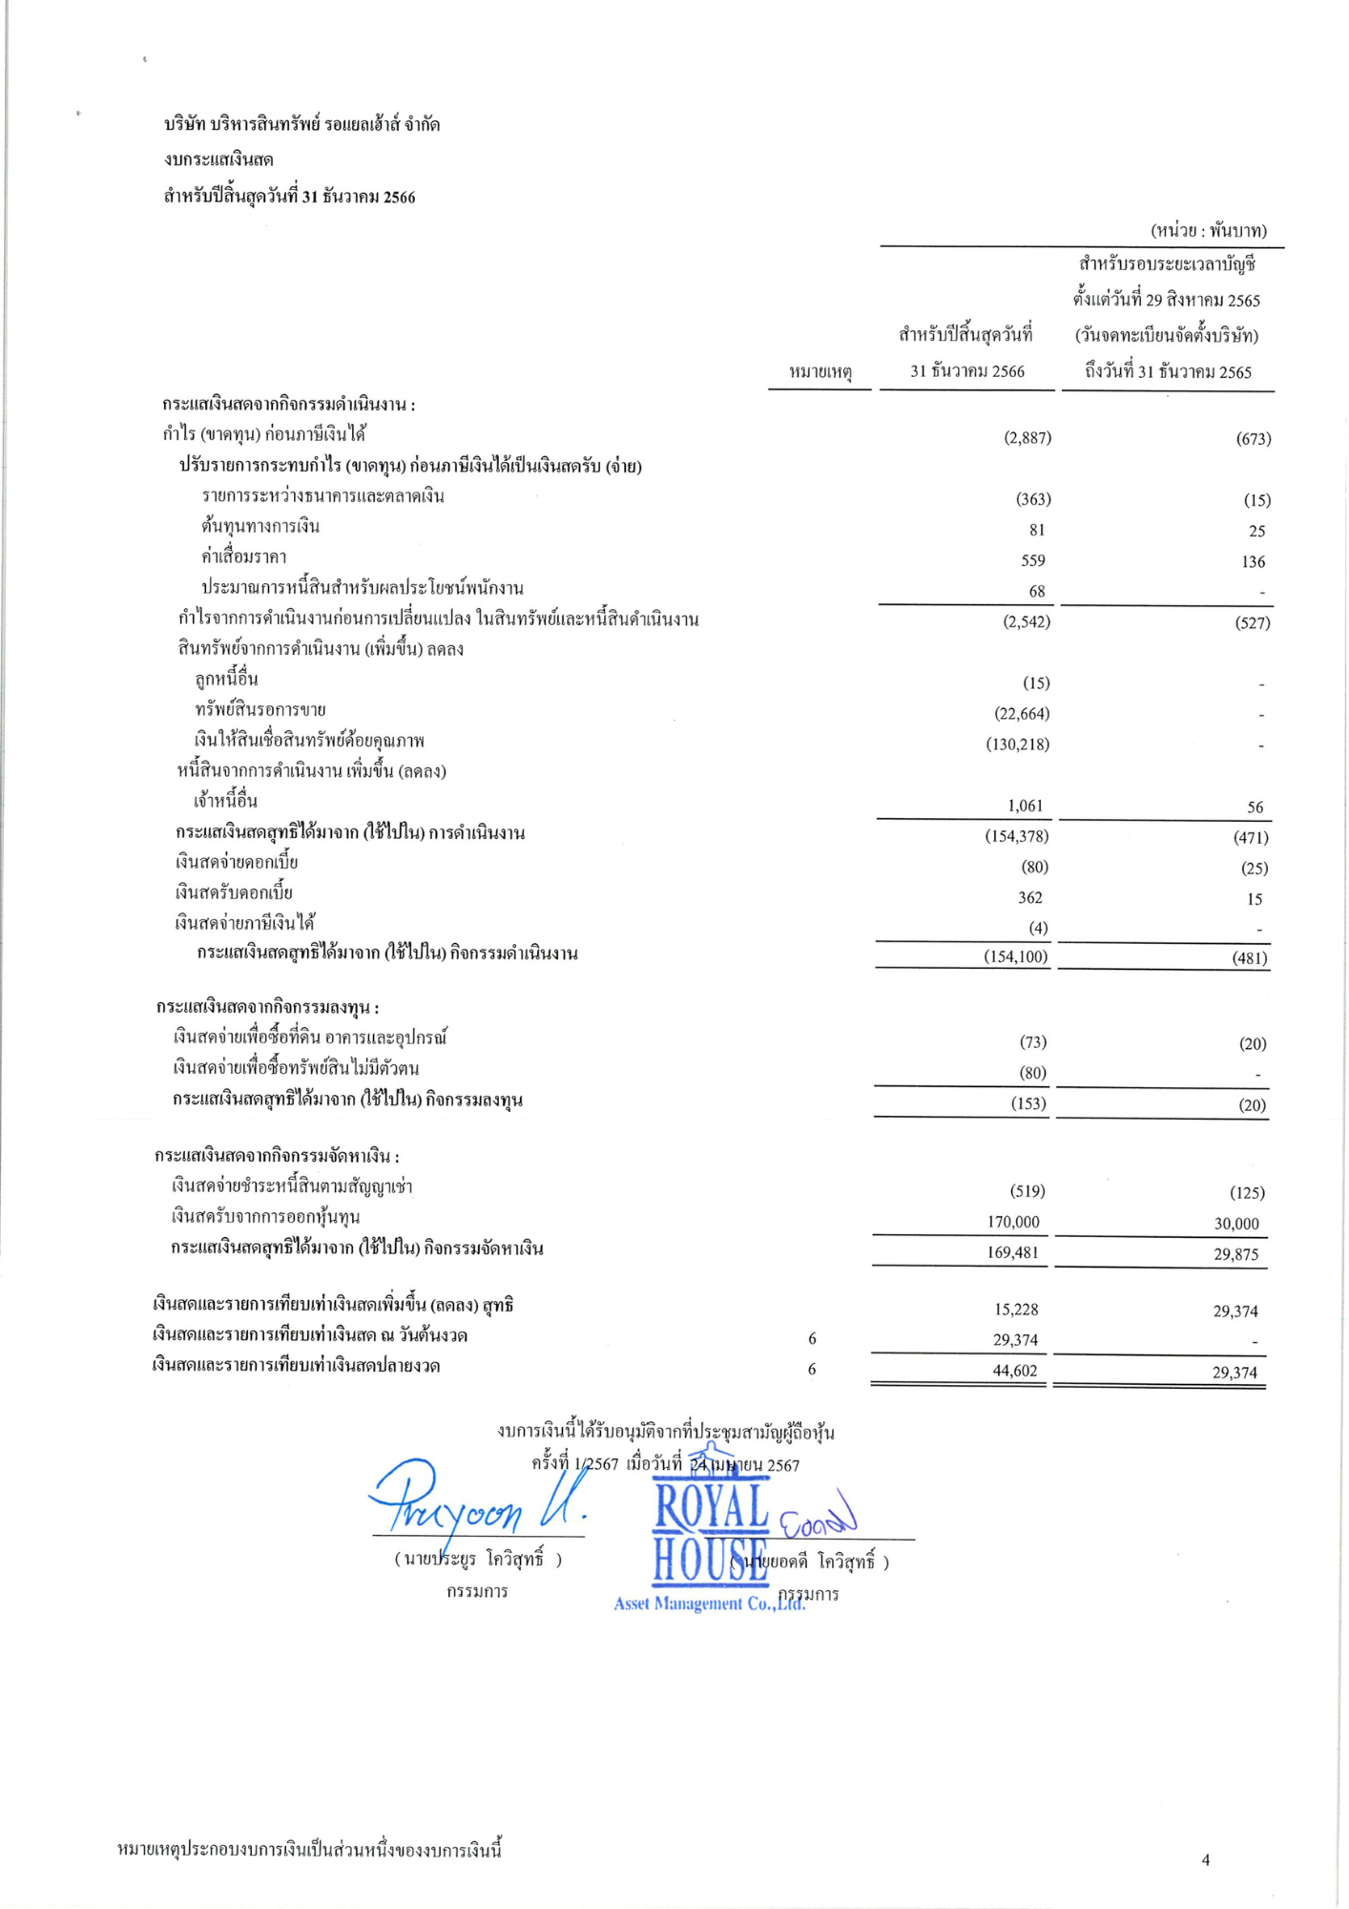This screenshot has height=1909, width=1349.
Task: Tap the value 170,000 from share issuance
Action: click(1012, 1223)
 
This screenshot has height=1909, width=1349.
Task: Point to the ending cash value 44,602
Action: click(1014, 1371)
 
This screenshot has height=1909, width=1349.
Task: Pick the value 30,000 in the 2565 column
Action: click(1236, 1224)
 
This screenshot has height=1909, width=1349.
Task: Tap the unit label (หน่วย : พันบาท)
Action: click(1208, 230)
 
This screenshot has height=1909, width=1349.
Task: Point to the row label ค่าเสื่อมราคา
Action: click(244, 557)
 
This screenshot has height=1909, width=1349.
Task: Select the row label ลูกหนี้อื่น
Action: click(226, 680)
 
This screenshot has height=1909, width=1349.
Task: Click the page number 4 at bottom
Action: click(1206, 1859)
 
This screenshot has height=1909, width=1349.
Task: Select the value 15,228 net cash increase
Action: click(1015, 1310)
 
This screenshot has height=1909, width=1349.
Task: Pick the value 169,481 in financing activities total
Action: click(1012, 1253)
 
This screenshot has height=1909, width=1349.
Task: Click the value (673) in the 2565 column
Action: click(1253, 439)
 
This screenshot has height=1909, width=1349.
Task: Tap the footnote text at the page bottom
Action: click(309, 1851)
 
